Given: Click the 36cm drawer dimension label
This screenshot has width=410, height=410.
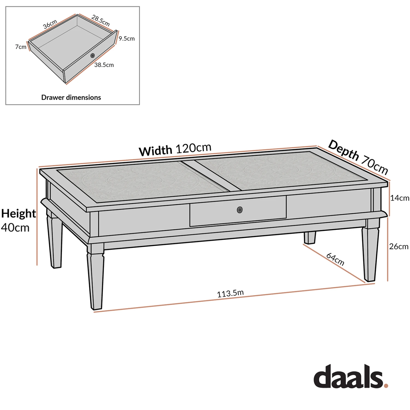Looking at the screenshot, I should (x=50, y=24).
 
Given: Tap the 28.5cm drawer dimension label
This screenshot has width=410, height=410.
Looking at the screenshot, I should (x=101, y=20).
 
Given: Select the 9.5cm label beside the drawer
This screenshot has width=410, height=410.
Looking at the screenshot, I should (x=127, y=39).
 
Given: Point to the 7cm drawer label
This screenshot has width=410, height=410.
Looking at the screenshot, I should (x=21, y=47).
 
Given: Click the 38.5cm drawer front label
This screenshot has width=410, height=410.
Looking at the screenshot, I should (x=104, y=65).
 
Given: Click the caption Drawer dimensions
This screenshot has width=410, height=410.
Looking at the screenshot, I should (x=71, y=97).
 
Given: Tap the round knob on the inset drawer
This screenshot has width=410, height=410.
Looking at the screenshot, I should (x=92, y=55).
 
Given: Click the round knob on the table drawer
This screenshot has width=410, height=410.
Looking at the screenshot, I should (x=239, y=210).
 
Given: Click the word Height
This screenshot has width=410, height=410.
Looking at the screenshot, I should (x=18, y=213).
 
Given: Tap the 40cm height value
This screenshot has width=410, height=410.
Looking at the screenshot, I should (x=15, y=227).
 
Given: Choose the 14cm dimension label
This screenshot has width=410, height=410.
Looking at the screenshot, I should (x=399, y=198).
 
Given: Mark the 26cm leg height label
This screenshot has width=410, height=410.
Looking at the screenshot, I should (x=399, y=246).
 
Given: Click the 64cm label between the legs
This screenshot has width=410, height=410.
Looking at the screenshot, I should (x=335, y=259).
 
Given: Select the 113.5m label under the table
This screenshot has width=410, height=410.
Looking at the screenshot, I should (x=230, y=293).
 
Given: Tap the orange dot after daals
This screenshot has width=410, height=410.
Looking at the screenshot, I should (x=386, y=385).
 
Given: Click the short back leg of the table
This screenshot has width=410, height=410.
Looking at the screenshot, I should (x=310, y=238).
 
